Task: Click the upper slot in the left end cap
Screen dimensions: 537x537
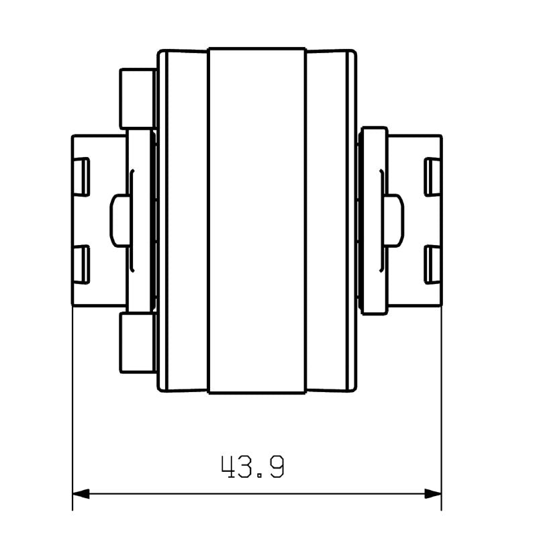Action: tap(81, 177)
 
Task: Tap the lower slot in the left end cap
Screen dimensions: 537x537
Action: tap(81, 264)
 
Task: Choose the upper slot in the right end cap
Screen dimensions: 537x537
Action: tap(433, 177)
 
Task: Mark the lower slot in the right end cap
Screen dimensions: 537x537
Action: tap(433, 264)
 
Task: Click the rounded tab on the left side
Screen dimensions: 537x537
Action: tap(119, 221)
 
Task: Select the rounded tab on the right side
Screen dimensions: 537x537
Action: tap(394, 221)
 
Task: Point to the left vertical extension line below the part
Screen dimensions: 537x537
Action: tap(72, 403)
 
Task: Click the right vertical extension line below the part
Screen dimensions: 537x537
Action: tap(442, 403)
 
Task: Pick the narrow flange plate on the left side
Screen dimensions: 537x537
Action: tap(140, 221)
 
